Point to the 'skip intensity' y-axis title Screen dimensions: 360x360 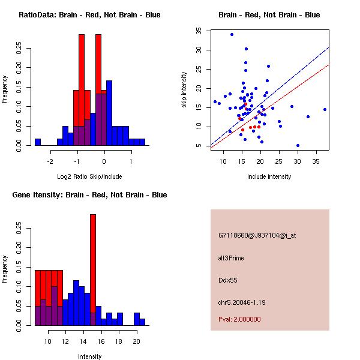point(184,90)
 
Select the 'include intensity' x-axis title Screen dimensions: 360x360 point(269,176)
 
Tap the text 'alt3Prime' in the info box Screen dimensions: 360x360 point(231,258)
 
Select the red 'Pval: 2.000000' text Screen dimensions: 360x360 point(242,319)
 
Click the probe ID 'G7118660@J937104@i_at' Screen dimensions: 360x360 point(257,235)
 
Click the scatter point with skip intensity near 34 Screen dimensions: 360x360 point(232,34)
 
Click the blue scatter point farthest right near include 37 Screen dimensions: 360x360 point(325,109)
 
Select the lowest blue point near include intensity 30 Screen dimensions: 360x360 point(298,145)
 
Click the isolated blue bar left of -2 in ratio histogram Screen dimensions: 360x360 point(38,142)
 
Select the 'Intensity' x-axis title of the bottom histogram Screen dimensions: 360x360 point(89,356)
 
